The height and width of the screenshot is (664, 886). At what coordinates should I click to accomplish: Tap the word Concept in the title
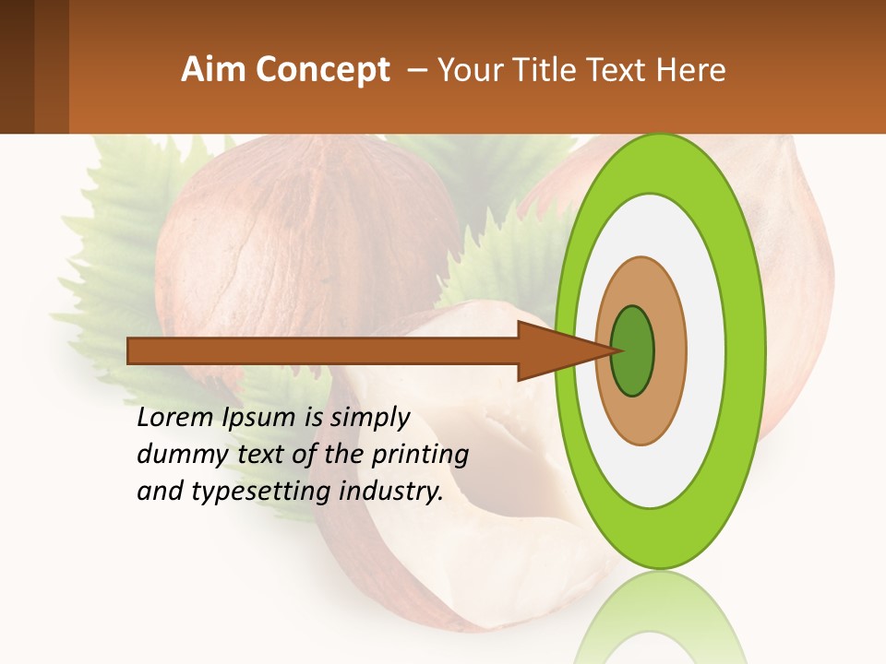(322, 70)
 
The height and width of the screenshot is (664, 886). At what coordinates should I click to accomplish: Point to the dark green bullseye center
(633, 350)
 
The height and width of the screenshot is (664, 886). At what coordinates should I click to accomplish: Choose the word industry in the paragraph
(391, 492)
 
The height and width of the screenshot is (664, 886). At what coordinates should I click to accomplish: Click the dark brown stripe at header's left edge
(17, 66)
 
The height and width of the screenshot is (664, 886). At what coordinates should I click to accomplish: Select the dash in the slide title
(416, 70)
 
